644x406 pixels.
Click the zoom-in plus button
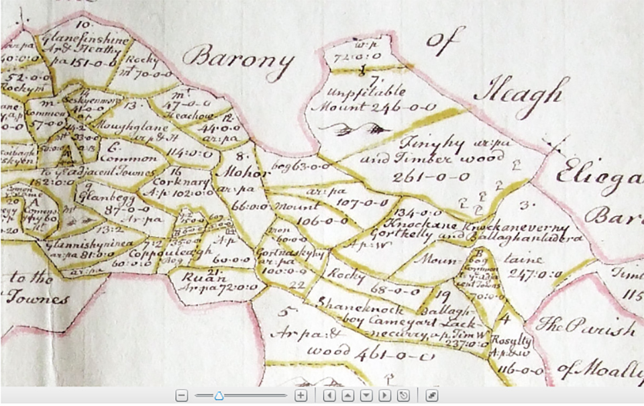tap(301, 396)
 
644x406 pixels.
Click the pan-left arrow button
tap(329, 396)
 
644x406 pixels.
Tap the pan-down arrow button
tap(366, 396)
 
